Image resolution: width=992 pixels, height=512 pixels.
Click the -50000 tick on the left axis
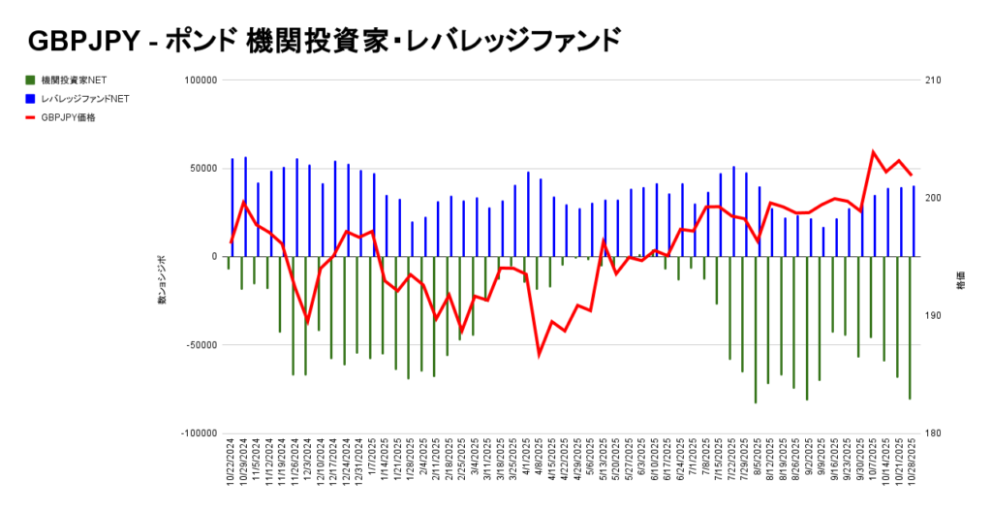pyautogui.click(x=199, y=345)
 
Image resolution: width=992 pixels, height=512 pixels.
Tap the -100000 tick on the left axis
pyautogui.click(x=197, y=433)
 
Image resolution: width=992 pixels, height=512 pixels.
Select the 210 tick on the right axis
pyautogui.click(x=934, y=80)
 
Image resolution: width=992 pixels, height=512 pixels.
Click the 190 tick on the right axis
pyautogui.click(x=934, y=316)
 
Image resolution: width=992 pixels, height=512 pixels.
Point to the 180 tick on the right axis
pyautogui.click(x=934, y=433)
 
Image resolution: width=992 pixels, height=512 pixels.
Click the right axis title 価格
pyautogui.click(x=961, y=287)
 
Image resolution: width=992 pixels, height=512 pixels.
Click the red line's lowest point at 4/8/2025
pyautogui.click(x=540, y=355)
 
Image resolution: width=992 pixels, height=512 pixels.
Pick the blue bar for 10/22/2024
pyautogui.click(x=232, y=208)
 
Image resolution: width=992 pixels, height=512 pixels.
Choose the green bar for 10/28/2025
pyautogui.click(x=910, y=328)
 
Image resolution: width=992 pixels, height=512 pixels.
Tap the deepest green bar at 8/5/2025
pyautogui.click(x=756, y=330)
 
